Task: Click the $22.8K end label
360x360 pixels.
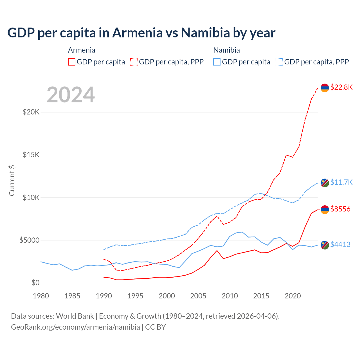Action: point(341,87)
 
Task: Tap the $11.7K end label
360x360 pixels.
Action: point(341,182)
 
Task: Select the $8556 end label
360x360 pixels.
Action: point(340,209)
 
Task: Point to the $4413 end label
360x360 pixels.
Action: point(340,244)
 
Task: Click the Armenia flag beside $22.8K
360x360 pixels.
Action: point(325,88)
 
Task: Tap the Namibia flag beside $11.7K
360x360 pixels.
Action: point(325,183)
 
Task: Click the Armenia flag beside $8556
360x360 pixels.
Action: point(325,210)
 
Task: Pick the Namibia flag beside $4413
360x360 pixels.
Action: point(325,245)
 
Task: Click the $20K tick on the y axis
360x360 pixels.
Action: point(31,112)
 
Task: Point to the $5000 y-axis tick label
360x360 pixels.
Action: point(30,240)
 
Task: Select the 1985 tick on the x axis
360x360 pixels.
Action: point(72,296)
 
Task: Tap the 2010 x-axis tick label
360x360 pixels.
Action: point(230,296)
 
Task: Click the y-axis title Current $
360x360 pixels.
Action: point(12,180)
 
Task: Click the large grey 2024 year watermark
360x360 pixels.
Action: point(71,95)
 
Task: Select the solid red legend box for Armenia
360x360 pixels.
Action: point(72,62)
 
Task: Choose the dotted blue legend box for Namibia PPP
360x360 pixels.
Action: point(279,62)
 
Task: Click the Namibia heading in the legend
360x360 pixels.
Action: point(226,50)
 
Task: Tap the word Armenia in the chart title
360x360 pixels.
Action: point(138,33)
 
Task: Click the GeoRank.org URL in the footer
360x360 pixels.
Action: point(75,327)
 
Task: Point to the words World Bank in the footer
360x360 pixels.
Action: point(75,316)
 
